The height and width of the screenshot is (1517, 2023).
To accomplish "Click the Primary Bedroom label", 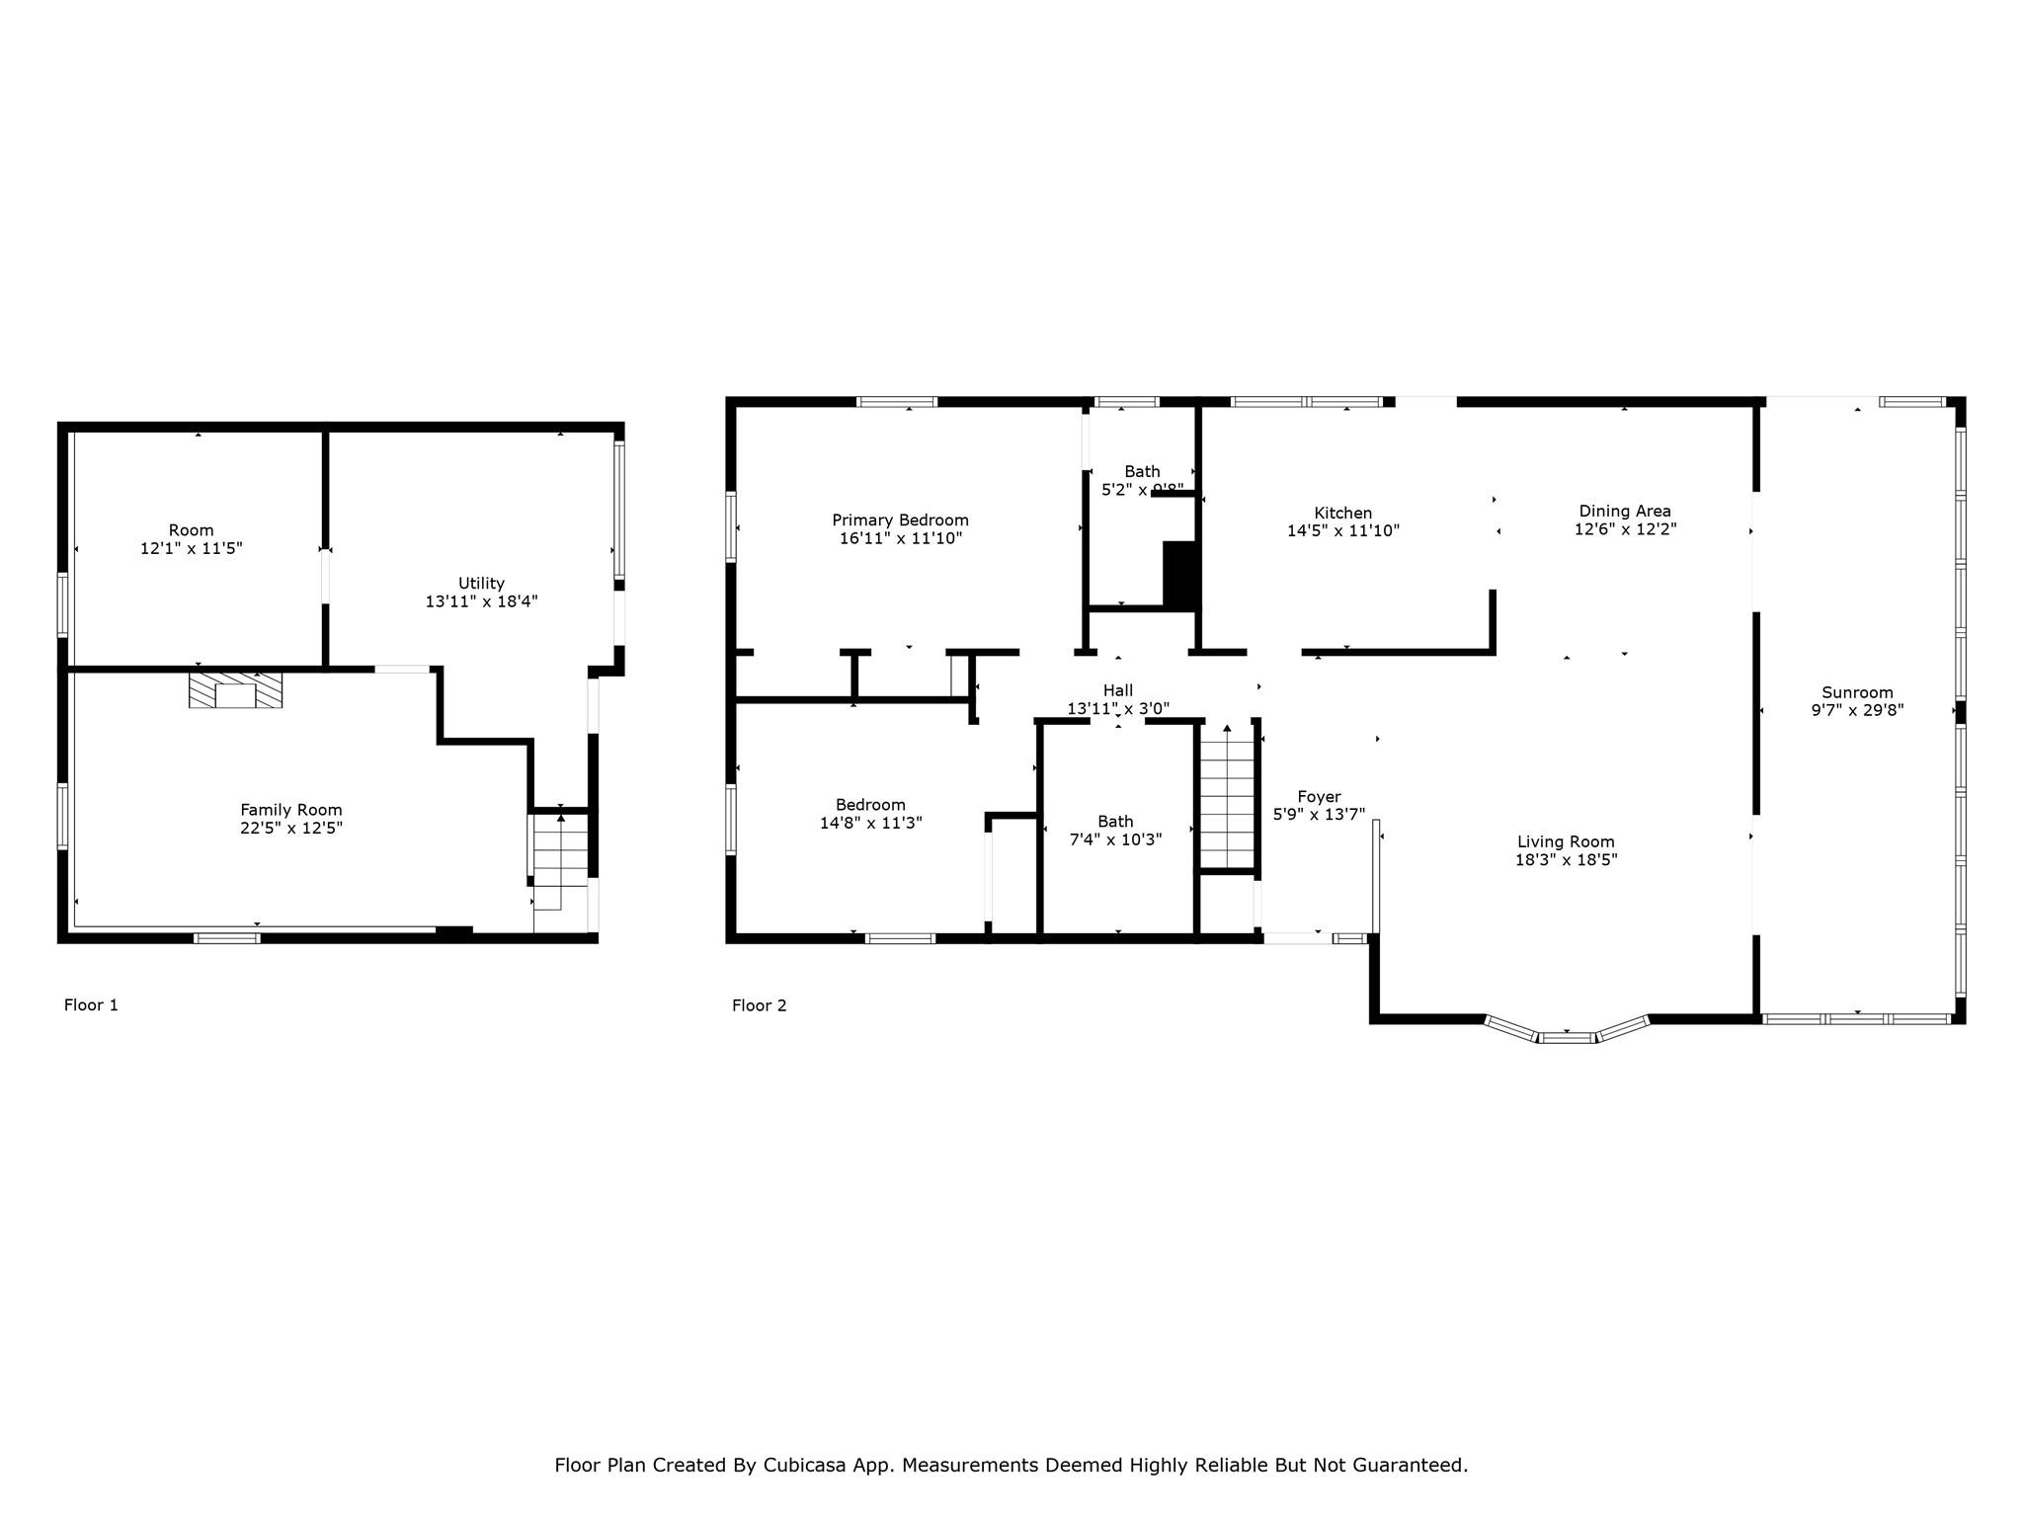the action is pos(900,520).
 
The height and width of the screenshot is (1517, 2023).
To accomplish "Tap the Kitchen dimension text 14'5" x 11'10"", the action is pos(1343,530).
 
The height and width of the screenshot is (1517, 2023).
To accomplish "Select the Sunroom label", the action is pos(1857,692).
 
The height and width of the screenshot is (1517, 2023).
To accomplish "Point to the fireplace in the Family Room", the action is pos(235,689).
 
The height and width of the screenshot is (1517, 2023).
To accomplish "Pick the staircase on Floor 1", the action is pos(561,859).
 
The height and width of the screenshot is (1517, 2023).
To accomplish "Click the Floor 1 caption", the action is pos(91,1005).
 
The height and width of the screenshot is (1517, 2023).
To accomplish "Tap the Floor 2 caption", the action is pos(759,1005).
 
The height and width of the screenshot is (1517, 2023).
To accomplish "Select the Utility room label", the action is pos(481,583).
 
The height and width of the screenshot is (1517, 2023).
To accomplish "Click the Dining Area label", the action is pos(1625,511).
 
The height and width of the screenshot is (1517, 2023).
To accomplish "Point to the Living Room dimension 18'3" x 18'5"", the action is pos(1566,859).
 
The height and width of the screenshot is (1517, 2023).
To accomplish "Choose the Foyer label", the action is pos(1319,796).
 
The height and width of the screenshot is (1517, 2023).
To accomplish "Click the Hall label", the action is pos(1118,690).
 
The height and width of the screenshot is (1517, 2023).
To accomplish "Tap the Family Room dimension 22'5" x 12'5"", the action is pos(290,828).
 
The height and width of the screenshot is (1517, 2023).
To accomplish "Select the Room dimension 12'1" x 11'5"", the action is pos(191,548).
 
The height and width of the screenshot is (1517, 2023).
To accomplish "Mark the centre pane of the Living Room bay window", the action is pos(1567,1037).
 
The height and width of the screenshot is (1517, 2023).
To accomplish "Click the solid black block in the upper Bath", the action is pos(1180,574).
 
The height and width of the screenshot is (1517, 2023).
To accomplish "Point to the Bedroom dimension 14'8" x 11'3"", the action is pos(870,823).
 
